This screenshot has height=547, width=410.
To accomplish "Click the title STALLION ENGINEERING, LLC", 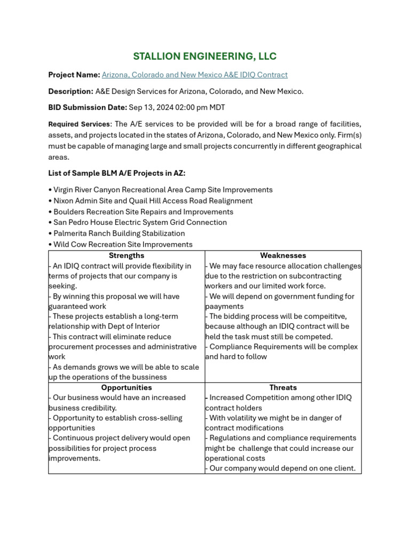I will click(x=204, y=57).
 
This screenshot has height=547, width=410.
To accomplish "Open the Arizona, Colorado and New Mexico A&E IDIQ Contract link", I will click(x=194, y=75).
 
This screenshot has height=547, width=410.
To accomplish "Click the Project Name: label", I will click(x=74, y=75).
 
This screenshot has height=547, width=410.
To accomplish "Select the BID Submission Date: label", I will click(x=88, y=107).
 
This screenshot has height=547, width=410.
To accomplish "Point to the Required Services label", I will click(x=79, y=124).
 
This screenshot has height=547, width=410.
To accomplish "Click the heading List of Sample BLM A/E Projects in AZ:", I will click(x=117, y=174).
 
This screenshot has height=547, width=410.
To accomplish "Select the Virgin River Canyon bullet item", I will click(x=163, y=190).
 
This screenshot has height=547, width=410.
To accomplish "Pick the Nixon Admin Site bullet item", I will click(x=153, y=201).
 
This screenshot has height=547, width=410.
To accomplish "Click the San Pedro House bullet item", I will click(x=140, y=222).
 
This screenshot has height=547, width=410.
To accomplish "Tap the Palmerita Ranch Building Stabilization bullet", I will click(x=119, y=233).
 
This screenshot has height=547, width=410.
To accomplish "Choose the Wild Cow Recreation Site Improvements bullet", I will click(x=123, y=244).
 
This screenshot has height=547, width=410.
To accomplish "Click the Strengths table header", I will click(x=127, y=256).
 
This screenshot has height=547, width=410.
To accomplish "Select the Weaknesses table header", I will click(x=283, y=256).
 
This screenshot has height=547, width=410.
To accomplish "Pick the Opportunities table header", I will click(x=127, y=388).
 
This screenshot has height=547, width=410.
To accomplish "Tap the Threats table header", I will click(x=283, y=388).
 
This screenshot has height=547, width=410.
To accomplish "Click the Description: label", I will click(x=70, y=91).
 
